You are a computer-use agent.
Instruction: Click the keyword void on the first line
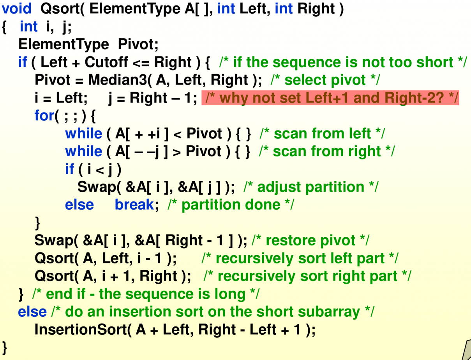[x=16, y=9]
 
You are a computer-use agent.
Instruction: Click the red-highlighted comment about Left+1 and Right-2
[x=330, y=98]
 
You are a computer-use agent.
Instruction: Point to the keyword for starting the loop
[x=44, y=116]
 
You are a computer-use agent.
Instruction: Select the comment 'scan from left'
[x=322, y=134]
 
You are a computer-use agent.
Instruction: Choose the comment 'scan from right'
[x=326, y=152]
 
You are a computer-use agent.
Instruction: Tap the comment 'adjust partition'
[x=310, y=187]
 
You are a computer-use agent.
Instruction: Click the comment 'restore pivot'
[x=310, y=240]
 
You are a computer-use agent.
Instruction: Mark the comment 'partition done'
[x=231, y=205]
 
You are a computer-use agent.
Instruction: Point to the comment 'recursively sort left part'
[x=300, y=258]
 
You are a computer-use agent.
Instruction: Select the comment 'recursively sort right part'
[x=307, y=276]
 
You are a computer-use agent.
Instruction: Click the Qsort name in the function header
[x=57, y=9]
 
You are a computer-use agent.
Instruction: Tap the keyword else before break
[x=79, y=205]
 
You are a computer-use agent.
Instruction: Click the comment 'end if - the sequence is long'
[x=145, y=294]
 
